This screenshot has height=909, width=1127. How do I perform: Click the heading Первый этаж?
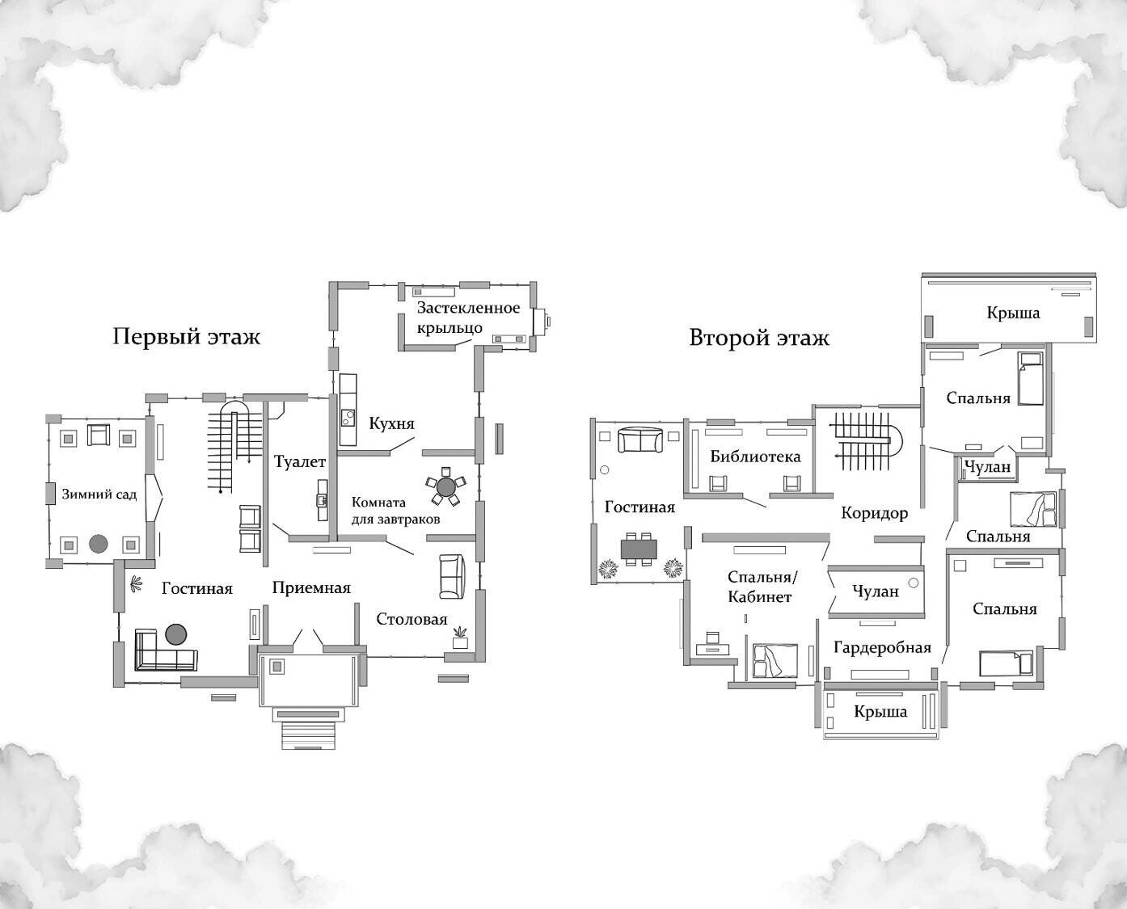tap(186, 336)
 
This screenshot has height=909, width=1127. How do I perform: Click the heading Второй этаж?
tap(758, 338)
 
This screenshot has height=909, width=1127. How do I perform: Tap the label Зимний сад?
tap(99, 494)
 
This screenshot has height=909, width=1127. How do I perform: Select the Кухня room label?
tap(391, 423)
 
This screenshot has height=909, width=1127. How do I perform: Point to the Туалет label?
tap(299, 462)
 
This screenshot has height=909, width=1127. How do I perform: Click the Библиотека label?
tap(755, 457)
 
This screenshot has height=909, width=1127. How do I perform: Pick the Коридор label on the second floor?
tap(874, 513)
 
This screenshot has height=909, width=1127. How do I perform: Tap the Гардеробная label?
tap(882, 648)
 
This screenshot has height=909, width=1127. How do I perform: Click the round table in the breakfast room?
tap(445, 486)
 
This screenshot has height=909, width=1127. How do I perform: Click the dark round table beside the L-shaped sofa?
tap(176, 633)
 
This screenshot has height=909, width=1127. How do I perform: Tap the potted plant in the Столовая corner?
tap(460, 637)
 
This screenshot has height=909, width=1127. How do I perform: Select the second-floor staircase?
tap(867, 441)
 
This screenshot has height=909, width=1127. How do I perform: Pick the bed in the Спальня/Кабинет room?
tap(775, 661)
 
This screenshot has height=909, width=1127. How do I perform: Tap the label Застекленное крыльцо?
tap(467, 318)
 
